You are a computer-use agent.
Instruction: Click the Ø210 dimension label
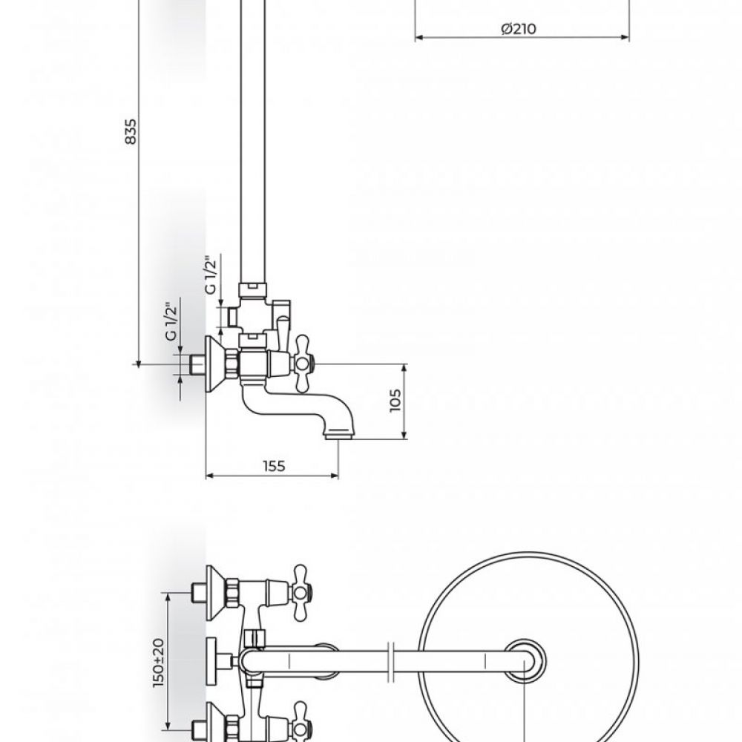(519, 29)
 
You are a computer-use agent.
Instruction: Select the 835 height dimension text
(131, 131)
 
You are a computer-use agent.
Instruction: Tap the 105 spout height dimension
(395, 401)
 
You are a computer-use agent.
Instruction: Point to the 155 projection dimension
(275, 466)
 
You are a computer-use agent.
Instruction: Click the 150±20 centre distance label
(159, 663)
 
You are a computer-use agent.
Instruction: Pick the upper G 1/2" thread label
(211, 275)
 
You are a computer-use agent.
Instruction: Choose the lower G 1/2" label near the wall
(171, 321)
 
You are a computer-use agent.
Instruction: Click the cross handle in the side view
(302, 364)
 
